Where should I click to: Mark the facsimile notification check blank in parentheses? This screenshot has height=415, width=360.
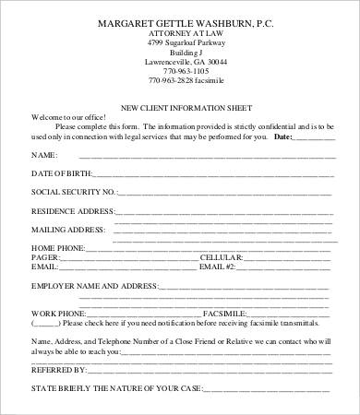(45, 325)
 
